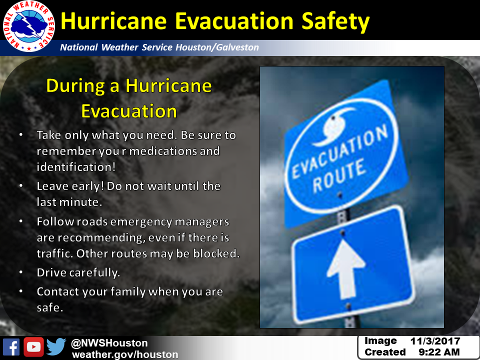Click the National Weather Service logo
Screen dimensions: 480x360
[x=29, y=26]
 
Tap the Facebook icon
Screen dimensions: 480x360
[x=11, y=347]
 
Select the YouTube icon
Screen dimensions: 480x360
[x=33, y=347]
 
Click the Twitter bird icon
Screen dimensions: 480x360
[x=56, y=346]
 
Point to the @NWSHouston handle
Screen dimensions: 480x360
[x=109, y=343]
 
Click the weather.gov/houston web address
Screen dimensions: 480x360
[x=125, y=354]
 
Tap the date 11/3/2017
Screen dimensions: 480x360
[x=435, y=341]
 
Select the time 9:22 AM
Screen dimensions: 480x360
[x=439, y=352]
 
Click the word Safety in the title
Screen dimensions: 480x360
[x=335, y=21]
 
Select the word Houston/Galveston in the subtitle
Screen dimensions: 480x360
[x=217, y=47]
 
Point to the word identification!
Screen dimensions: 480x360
[x=76, y=167]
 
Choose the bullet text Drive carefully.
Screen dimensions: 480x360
[x=78, y=273]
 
